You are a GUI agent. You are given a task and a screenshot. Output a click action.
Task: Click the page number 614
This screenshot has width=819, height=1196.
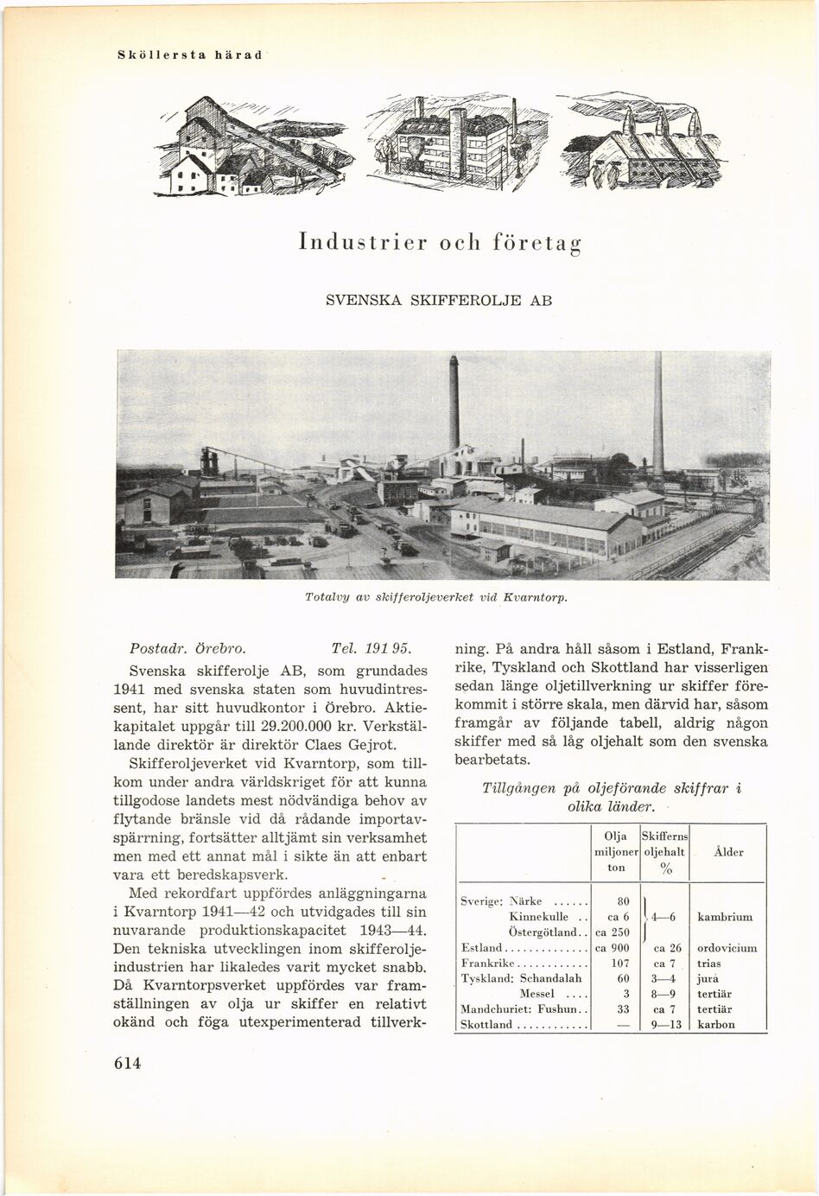126,1064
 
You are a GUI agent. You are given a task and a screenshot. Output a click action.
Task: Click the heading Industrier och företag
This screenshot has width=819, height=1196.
439,241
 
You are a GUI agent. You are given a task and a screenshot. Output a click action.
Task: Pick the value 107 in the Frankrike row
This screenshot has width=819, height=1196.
614,964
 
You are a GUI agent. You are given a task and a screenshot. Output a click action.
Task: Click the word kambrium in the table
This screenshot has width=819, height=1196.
724,917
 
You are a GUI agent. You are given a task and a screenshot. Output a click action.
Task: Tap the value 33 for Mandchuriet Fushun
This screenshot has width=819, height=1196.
614,1009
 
